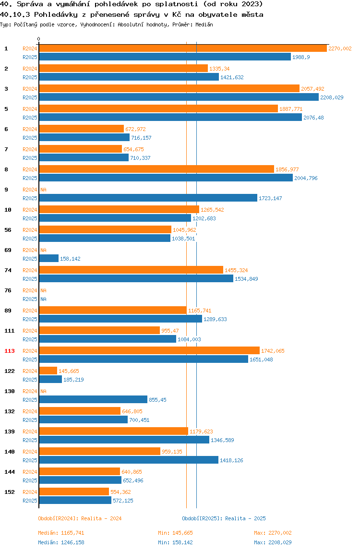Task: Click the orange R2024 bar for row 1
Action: click(182, 48)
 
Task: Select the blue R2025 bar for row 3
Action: click(179, 97)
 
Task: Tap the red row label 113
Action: click(10, 351)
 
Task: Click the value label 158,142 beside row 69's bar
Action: click(70, 259)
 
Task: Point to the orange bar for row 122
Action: click(48, 371)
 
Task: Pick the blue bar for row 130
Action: click(93, 400)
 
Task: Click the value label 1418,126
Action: click(231, 460)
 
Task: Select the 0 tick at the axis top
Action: click(39, 39)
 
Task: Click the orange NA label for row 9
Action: click(43, 190)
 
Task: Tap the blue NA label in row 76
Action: click(43, 299)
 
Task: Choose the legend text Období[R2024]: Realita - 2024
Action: click(80, 518)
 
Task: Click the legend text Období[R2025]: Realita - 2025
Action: click(224, 518)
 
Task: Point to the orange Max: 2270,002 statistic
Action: click(273, 533)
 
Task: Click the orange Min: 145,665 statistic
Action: click(175, 533)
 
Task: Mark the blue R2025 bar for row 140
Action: click(129, 460)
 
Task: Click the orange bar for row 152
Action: click(74, 492)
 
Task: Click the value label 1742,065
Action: click(273, 351)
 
